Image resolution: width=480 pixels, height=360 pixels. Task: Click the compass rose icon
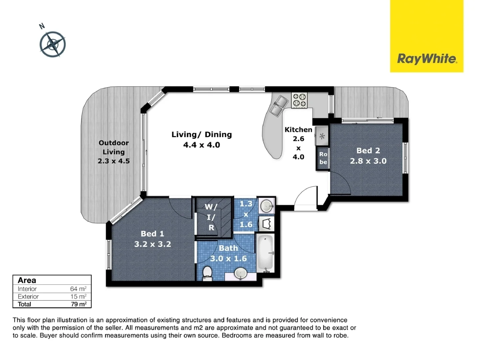click(52, 44)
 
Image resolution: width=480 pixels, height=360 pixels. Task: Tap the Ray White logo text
click(427, 59)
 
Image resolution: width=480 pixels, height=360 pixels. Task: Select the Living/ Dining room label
click(201, 135)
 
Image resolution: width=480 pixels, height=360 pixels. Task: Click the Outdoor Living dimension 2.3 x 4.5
click(114, 161)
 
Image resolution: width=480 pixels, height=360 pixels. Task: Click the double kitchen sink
click(279, 104)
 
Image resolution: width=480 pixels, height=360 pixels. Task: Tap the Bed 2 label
click(368, 151)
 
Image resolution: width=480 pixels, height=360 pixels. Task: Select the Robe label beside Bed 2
click(323, 158)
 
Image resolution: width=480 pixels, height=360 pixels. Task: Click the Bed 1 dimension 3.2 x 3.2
click(153, 244)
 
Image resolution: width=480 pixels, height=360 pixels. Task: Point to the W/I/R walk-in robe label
click(211, 217)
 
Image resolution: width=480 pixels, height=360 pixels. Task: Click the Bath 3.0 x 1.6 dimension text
click(228, 258)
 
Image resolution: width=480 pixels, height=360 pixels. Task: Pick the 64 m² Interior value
click(78, 289)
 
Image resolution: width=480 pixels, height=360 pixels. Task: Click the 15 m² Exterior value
click(78, 297)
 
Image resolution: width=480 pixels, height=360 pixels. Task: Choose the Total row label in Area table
click(24, 304)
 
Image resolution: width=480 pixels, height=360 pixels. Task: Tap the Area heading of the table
click(27, 280)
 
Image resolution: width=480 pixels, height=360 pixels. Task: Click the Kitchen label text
click(298, 130)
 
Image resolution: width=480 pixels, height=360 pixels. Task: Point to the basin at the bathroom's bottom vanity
click(240, 274)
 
